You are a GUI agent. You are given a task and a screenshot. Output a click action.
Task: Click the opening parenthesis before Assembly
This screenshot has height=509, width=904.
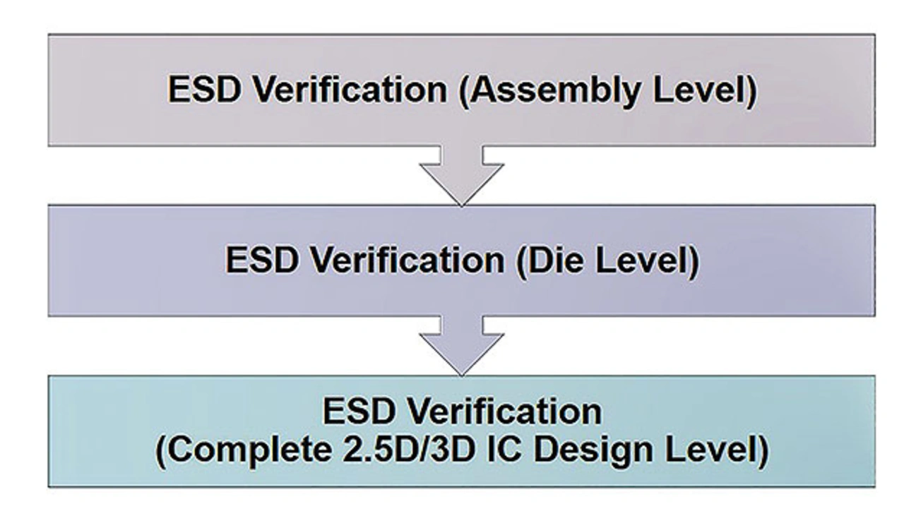(465, 92)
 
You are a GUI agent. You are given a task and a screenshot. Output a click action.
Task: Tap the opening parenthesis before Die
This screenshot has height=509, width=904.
(523, 262)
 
